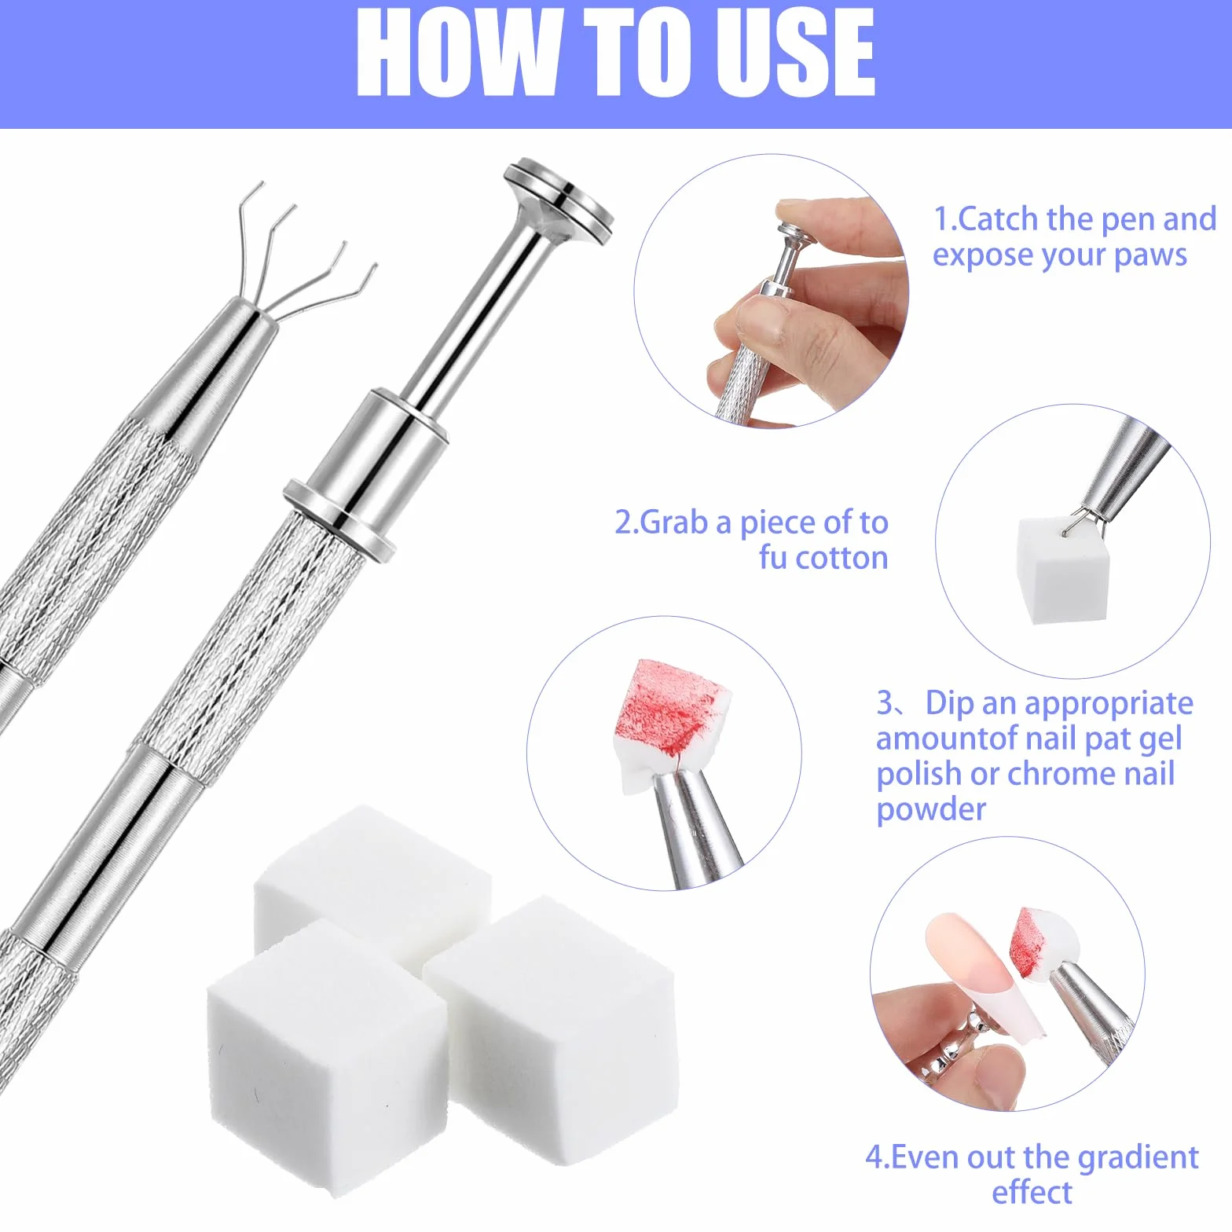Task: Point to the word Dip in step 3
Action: pos(949,703)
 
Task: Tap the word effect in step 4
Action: pos(1032,1192)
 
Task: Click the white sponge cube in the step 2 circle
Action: pos(1062,569)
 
